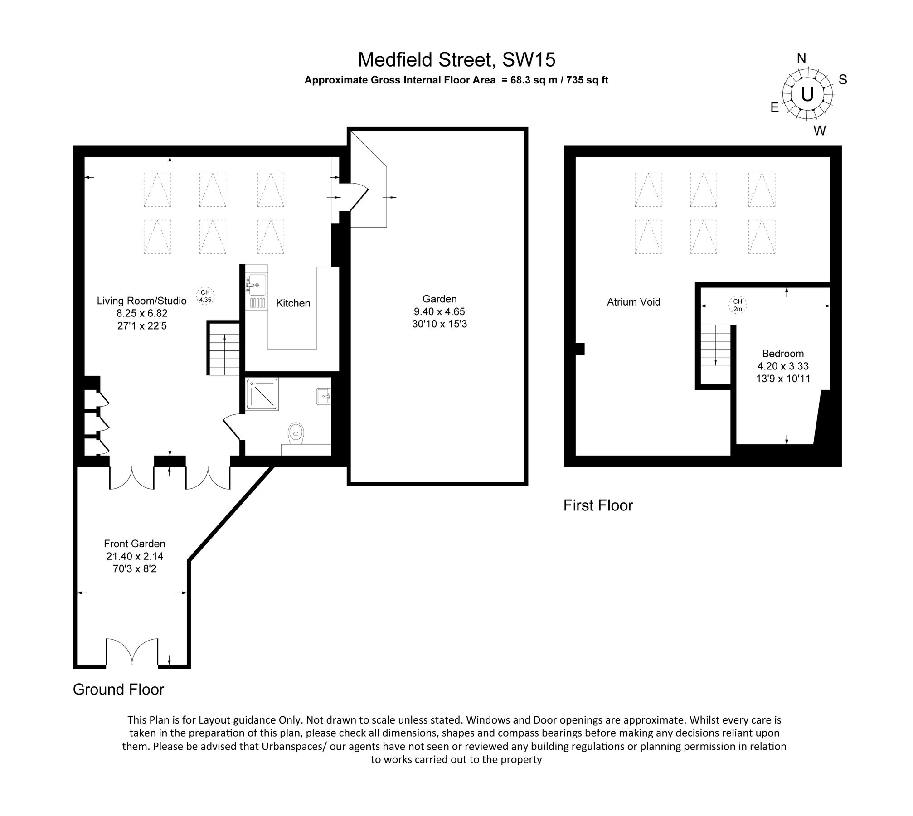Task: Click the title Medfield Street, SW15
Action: click(456, 60)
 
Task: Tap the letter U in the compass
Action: click(807, 95)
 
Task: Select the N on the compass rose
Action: click(801, 59)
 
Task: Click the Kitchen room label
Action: click(293, 303)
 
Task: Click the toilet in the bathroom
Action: click(296, 432)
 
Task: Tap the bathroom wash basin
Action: click(324, 396)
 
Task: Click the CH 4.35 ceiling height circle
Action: click(205, 296)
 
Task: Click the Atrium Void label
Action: click(633, 302)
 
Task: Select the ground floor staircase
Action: click(223, 348)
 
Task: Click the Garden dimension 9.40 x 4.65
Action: click(439, 311)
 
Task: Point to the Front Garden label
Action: click(135, 544)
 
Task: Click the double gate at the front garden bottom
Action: click(132, 651)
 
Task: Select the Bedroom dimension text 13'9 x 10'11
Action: click(783, 379)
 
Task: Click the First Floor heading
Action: click(598, 505)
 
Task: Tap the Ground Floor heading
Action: click(118, 690)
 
